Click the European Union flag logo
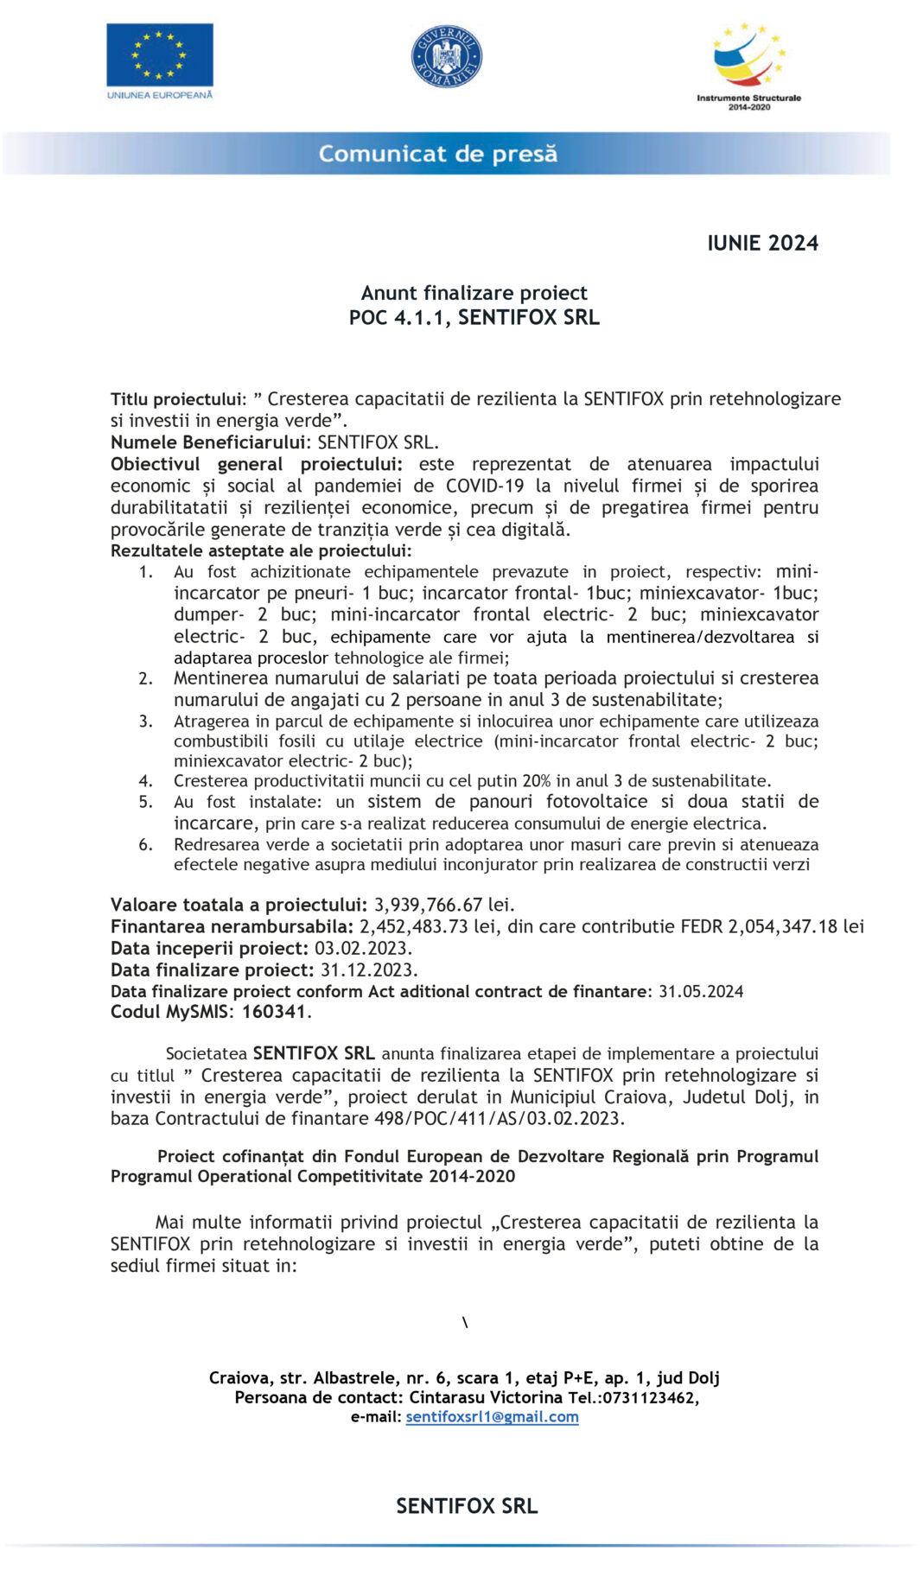point(160,54)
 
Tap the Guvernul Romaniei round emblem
point(446,57)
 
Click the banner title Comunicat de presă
point(437,154)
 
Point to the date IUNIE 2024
point(762,244)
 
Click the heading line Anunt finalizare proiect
point(474,293)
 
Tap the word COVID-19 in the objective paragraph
point(484,486)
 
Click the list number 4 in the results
point(146,781)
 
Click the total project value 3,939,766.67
point(428,905)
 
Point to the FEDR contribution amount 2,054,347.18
point(782,926)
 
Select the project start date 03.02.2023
point(362,948)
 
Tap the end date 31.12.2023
point(368,969)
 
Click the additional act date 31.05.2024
point(701,991)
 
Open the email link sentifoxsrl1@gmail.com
point(492,1417)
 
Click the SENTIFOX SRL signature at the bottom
point(467,1506)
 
